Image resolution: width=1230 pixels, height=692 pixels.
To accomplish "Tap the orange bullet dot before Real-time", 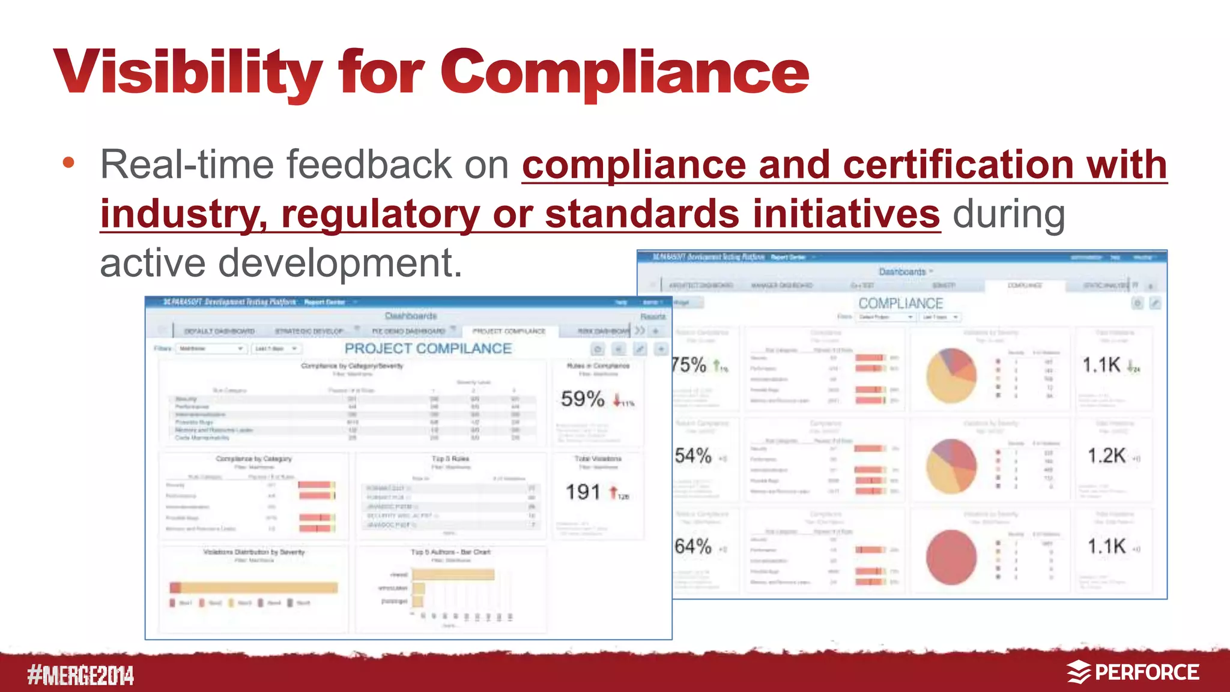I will click(68, 162).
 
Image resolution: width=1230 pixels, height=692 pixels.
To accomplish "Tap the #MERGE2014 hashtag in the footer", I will click(80, 675).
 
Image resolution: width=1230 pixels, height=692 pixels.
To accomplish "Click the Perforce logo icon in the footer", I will click(1079, 672).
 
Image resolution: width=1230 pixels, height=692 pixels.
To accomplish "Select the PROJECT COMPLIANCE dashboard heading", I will click(428, 349).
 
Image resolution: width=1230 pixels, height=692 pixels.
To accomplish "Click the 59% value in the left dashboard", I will click(582, 399).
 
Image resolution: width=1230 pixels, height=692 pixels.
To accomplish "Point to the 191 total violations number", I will click(583, 493).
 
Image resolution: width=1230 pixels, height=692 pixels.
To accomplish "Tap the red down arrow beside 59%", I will click(617, 400).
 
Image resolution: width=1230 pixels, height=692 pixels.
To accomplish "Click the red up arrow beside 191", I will click(613, 493).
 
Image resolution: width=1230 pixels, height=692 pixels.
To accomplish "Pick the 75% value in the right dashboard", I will click(689, 365).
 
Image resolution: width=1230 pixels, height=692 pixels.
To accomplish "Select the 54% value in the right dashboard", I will click(692, 456).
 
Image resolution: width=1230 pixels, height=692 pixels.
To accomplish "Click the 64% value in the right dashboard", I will click(692, 547).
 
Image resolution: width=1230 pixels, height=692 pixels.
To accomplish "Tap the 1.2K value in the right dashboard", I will click(1106, 456).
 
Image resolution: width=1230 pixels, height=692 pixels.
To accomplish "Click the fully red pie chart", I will click(951, 557).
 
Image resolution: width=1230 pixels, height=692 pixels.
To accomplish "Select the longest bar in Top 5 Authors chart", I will click(453, 575).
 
